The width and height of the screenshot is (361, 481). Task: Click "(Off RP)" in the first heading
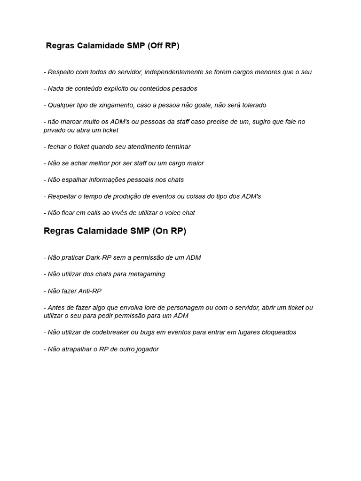point(164,46)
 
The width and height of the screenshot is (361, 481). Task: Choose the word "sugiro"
point(260,122)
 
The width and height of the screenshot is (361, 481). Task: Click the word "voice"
point(173,213)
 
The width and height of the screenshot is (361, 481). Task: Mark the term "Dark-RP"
point(98,257)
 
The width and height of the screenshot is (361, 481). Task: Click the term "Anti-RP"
point(90,291)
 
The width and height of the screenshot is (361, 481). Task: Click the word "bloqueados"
point(276,332)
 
